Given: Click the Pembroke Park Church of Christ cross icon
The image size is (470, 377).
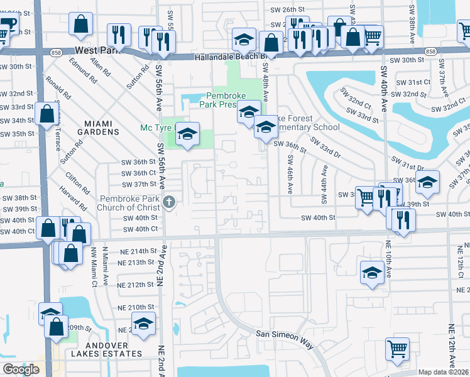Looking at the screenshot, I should coord(168,202).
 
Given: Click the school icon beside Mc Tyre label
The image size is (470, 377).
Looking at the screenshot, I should coord(187,134).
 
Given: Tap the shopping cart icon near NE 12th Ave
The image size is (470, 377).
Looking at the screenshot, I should coord(396,349).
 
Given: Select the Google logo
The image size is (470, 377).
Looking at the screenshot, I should coord(21,369).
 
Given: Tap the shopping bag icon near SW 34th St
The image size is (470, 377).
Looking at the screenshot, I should coord(47,115).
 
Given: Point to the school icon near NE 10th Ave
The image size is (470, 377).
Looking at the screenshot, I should coord(371,273).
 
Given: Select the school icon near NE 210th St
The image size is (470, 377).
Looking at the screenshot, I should coord(144,325).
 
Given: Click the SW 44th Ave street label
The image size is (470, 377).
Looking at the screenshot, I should coord(325,185).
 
